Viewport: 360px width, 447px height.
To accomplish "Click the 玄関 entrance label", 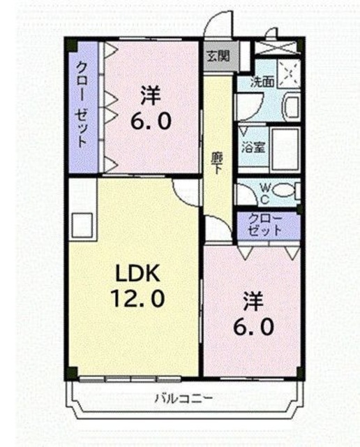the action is click(x=218, y=56).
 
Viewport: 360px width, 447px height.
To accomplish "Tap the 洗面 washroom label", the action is click(x=262, y=82).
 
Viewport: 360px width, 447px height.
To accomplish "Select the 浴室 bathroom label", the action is click(x=253, y=147).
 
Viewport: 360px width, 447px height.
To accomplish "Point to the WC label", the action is click(x=265, y=193).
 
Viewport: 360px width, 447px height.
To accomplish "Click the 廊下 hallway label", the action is click(x=217, y=163).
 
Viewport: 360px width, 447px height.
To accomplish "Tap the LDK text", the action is click(x=137, y=273).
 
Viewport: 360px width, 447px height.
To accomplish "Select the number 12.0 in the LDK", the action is click(x=137, y=298).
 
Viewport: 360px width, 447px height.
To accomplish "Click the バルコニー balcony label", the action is click(x=183, y=398).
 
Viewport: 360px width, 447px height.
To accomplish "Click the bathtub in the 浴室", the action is click(x=285, y=149).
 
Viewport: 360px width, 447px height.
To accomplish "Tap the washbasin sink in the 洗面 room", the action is click(x=290, y=107).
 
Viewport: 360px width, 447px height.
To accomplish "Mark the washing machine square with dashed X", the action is click(x=289, y=73).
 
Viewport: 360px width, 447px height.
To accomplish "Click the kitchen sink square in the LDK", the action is click(x=82, y=225).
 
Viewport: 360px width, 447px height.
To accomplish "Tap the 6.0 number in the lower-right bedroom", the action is click(x=253, y=327).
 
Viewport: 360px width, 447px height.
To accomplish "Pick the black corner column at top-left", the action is click(x=71, y=45).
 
